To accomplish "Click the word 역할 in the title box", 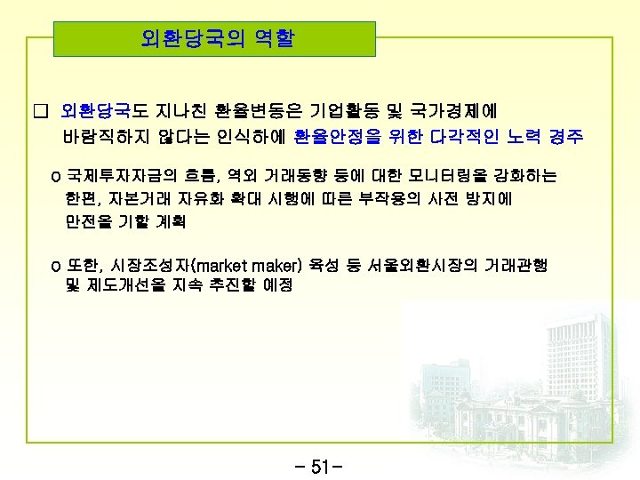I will pyautogui.click(x=272, y=39).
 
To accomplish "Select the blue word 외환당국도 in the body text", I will pyautogui.click(x=96, y=111).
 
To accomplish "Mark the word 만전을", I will pyautogui.click(x=86, y=220).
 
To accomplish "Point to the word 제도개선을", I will pyautogui.click(x=127, y=286).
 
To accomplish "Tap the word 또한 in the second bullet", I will pyautogui.click(x=83, y=265).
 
